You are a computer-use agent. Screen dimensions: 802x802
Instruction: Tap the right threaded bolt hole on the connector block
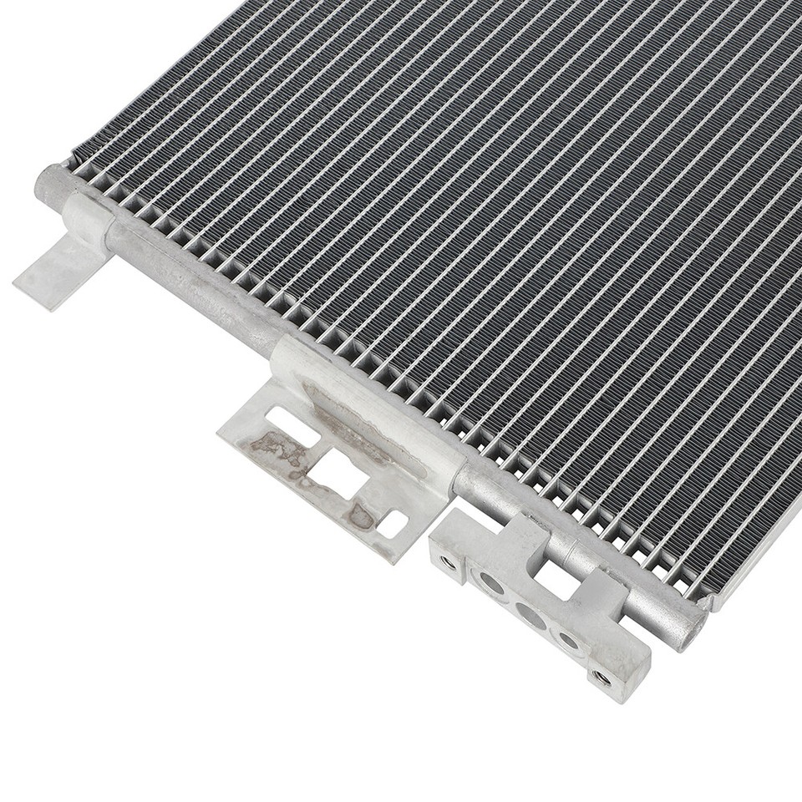(598, 674)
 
